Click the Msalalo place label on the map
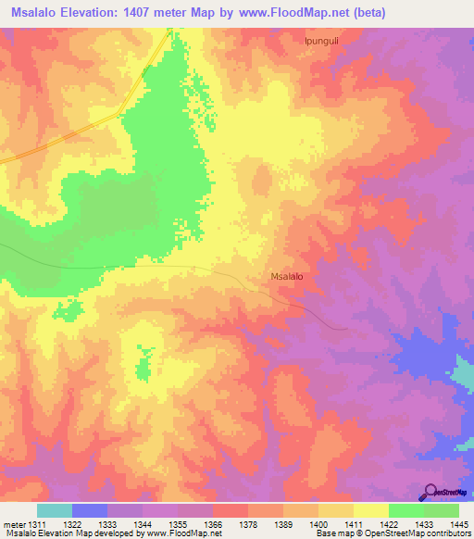pos(287,276)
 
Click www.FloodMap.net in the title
pos(290,12)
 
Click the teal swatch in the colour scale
pos(55,510)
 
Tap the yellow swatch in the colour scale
pos(370,510)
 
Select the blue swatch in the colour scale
pos(90,510)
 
